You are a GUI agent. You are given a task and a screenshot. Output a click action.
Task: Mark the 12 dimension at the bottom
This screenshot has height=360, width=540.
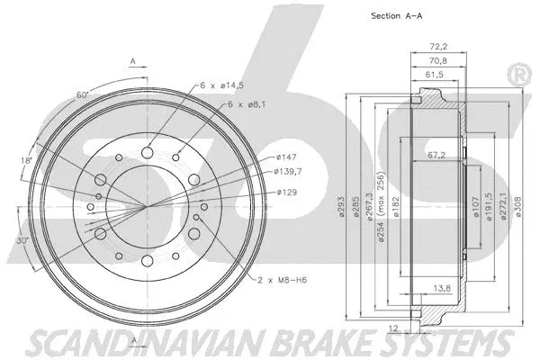393,328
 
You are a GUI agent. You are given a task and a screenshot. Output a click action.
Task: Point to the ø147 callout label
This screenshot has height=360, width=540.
286,157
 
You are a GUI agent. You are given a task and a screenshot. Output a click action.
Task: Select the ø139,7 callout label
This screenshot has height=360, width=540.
290,171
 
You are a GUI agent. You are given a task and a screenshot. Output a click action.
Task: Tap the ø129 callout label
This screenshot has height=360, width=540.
286,192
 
